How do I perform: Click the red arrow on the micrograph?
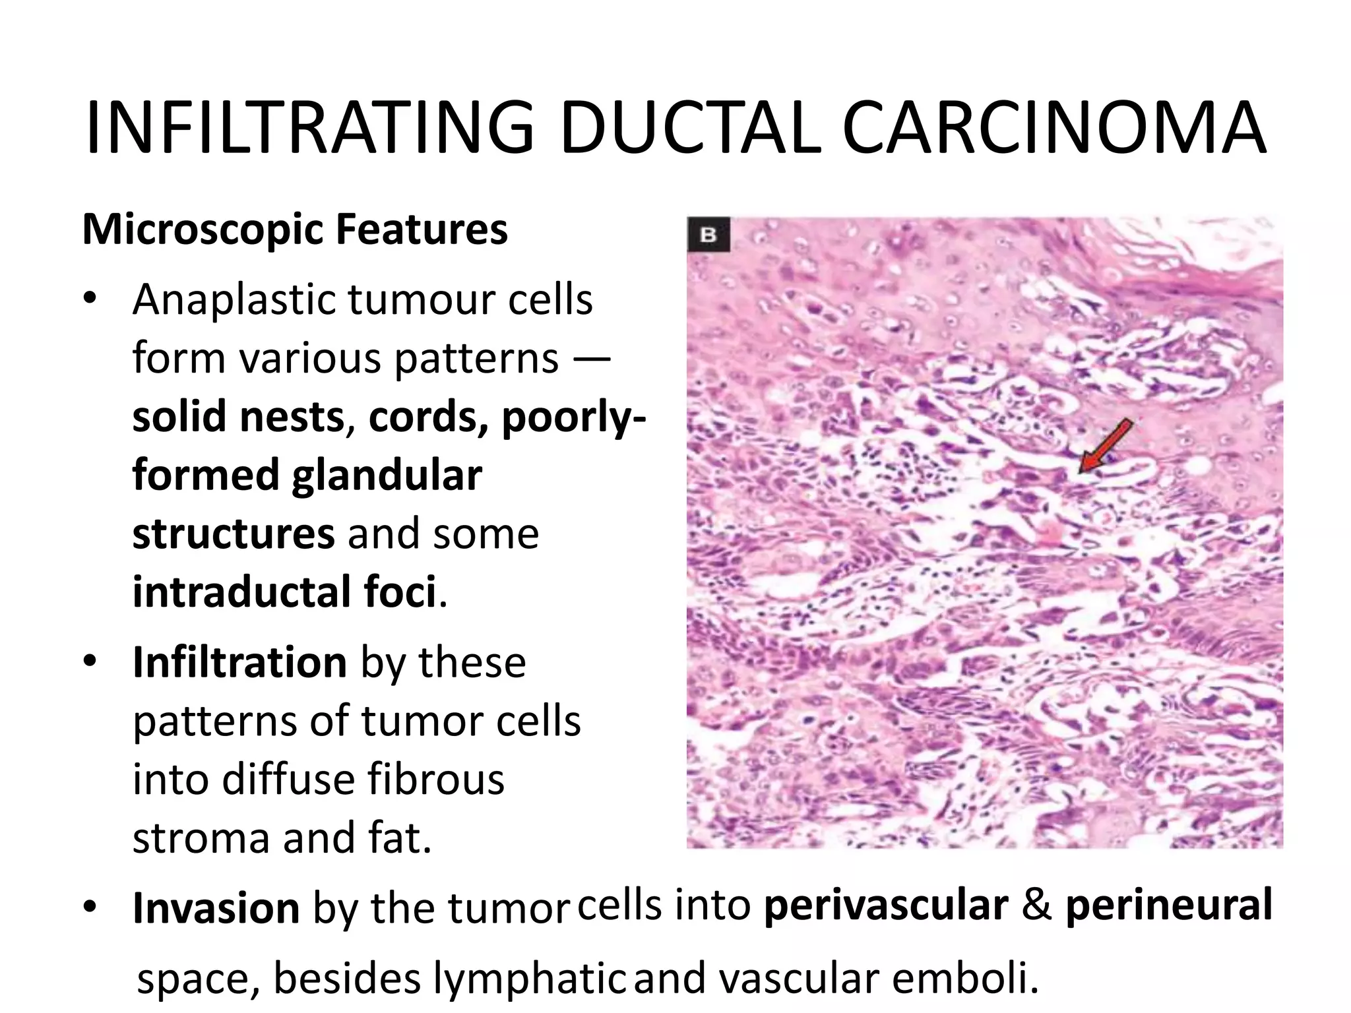click(1106, 446)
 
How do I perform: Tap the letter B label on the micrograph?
click(708, 235)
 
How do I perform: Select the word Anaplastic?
click(234, 301)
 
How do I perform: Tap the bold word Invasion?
click(216, 907)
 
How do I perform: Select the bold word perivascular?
click(886, 905)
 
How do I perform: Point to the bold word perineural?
click(1168, 905)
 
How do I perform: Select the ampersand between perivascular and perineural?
click(1037, 905)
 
